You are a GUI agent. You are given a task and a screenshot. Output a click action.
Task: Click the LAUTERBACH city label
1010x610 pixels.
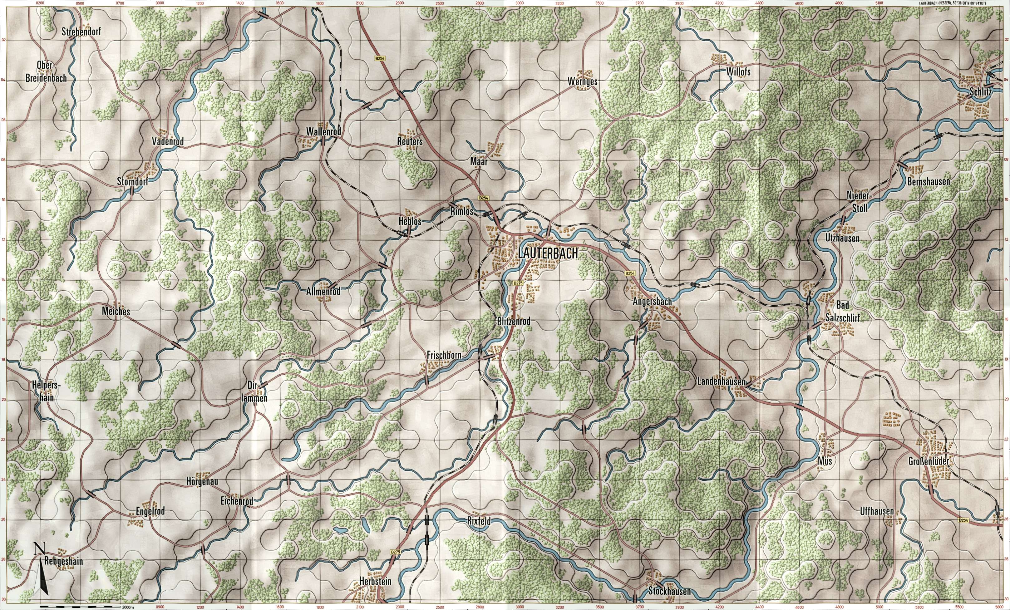[x=548, y=254]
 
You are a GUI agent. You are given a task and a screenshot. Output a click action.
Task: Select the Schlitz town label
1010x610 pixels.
[x=980, y=93]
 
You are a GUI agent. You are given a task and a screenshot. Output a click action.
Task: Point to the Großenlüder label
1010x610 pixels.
[x=929, y=462]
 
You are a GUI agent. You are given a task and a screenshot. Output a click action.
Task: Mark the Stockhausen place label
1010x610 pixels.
[x=669, y=592]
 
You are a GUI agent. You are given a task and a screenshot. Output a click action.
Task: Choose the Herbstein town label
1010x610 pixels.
[x=375, y=581]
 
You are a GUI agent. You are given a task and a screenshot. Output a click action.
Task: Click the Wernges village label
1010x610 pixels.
[x=583, y=81]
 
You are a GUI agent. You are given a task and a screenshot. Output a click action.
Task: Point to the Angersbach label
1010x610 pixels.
[x=652, y=302]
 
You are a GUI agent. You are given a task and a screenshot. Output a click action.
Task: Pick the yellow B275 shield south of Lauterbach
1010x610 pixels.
[x=518, y=283]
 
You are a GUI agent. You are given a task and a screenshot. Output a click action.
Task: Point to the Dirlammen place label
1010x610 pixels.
[x=258, y=391]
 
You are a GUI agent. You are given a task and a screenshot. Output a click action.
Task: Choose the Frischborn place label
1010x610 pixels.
[x=444, y=355]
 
